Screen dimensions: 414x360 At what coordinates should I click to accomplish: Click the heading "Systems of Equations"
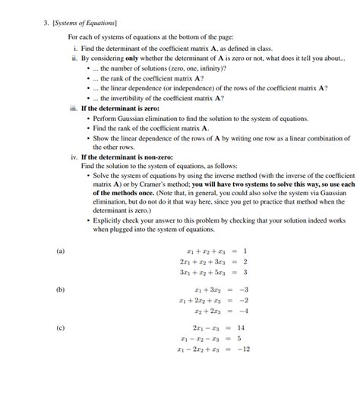pyautogui.click(x=82, y=23)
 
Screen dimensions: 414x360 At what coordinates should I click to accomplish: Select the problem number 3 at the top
pyautogui.click(x=46, y=23)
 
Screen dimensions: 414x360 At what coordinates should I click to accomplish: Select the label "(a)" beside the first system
pyautogui.click(x=61, y=250)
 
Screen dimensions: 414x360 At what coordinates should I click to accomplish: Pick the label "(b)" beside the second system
pyautogui.click(x=61, y=289)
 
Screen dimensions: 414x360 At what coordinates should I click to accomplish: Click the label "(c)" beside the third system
pyautogui.click(x=61, y=328)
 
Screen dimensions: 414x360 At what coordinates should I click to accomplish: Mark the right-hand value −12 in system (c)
pyautogui.click(x=243, y=349)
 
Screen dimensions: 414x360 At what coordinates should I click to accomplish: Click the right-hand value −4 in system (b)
pyautogui.click(x=243, y=311)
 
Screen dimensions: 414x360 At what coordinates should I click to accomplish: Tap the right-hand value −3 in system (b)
pyautogui.click(x=243, y=289)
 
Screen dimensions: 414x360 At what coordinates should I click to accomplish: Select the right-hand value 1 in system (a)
pyautogui.click(x=245, y=251)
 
